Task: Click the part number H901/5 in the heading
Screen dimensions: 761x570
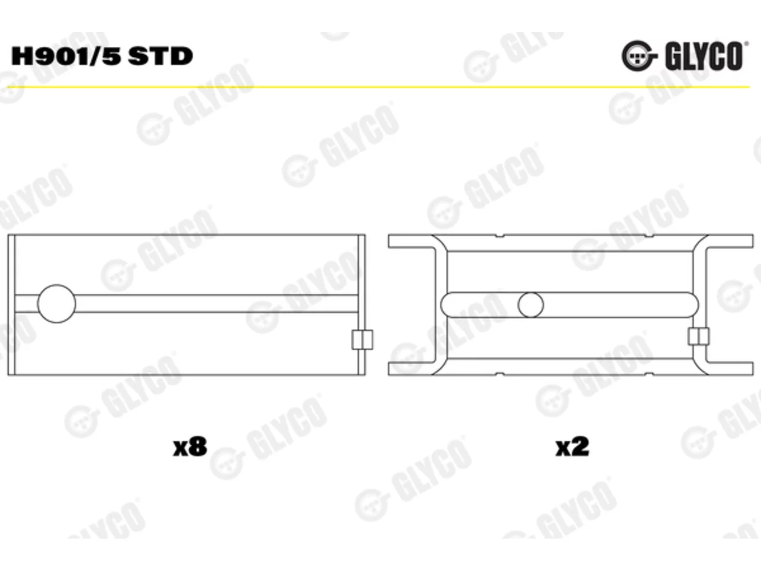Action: click(x=66, y=56)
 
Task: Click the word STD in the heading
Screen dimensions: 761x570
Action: click(x=160, y=56)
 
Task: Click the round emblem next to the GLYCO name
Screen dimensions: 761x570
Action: click(x=637, y=56)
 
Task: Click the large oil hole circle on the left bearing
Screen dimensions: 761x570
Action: click(x=56, y=304)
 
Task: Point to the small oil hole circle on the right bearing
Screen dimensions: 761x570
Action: click(x=531, y=305)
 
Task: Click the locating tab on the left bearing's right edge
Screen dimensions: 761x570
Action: click(x=362, y=340)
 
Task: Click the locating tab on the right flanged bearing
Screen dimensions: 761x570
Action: click(x=699, y=337)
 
